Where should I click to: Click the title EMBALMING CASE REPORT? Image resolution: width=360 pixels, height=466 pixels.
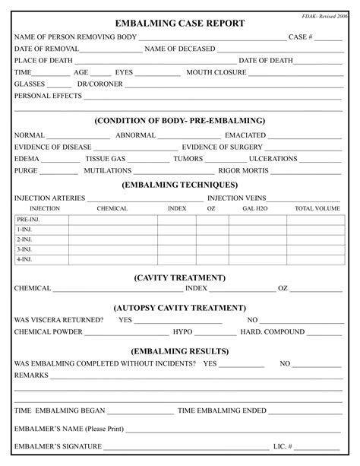point(180,23)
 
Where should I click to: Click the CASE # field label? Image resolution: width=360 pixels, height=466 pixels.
point(300,37)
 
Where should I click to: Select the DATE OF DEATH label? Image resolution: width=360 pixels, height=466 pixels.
point(266,61)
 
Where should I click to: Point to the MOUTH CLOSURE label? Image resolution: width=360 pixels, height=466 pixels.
point(216,73)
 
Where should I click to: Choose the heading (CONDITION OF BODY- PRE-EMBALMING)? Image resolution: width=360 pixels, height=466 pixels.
point(180,121)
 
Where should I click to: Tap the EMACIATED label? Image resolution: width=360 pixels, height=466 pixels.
point(245,135)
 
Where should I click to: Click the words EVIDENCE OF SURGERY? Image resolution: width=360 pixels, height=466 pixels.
point(221,147)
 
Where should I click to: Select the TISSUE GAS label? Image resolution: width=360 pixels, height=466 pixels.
point(106,159)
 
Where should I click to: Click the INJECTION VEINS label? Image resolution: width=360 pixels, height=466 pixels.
point(236,198)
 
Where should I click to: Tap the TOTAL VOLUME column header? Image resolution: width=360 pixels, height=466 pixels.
point(317,208)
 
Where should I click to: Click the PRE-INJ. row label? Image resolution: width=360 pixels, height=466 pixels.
point(28,220)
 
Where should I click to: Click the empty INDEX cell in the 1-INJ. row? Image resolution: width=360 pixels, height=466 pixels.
point(176,230)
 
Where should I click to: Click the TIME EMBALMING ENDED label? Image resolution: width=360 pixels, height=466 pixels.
point(222,411)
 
